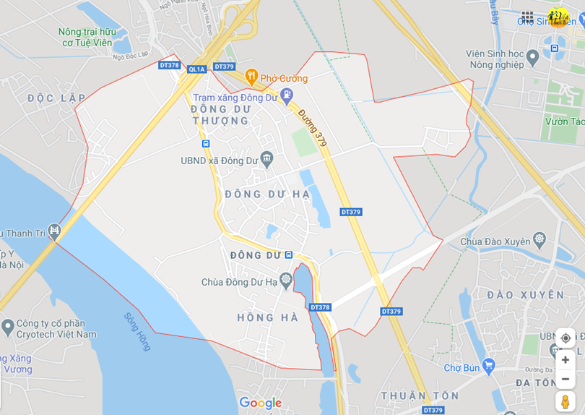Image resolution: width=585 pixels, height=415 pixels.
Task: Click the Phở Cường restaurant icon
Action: (251, 75)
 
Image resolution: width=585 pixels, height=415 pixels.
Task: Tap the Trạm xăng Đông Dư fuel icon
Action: (287, 94)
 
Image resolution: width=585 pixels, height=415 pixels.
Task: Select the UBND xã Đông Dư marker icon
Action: (266, 158)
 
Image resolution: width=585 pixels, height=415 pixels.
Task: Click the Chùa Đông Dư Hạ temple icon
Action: (286, 279)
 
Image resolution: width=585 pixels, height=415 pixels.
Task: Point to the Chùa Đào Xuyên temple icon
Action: (539, 239)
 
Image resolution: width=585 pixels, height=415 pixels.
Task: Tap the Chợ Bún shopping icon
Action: (489, 364)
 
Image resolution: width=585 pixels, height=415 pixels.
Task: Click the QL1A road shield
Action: (196, 69)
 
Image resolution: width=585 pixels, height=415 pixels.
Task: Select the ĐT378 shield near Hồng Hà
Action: (320, 307)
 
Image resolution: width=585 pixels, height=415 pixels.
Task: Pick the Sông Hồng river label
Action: (136, 332)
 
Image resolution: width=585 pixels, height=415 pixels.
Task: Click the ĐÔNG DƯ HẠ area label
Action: (267, 194)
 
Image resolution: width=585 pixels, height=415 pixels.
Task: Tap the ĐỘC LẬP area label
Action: (56, 98)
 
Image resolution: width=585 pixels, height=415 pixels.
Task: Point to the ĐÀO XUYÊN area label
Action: (525, 295)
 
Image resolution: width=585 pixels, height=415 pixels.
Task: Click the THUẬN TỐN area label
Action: (420, 395)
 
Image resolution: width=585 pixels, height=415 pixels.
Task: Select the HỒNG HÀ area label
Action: (267, 317)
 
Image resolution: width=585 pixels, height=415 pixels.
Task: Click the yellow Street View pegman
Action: (565, 401)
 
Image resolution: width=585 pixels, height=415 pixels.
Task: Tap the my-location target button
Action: (565, 338)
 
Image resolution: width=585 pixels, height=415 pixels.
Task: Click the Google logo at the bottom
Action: (260, 403)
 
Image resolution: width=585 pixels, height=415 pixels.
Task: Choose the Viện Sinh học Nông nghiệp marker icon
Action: (533, 56)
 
